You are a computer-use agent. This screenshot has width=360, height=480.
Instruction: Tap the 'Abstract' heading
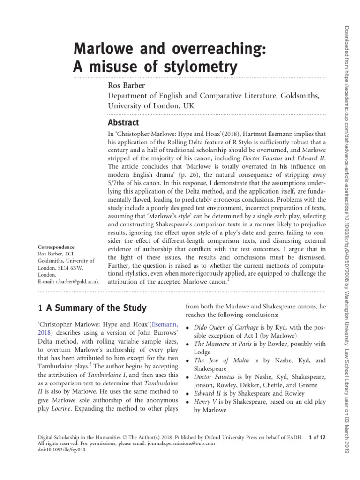[123, 123]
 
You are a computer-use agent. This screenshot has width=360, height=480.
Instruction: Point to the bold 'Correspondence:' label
[56, 246]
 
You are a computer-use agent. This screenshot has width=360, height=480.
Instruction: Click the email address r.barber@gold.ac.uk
[79, 282]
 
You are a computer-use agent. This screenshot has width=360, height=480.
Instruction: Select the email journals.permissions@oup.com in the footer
[176, 443]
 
